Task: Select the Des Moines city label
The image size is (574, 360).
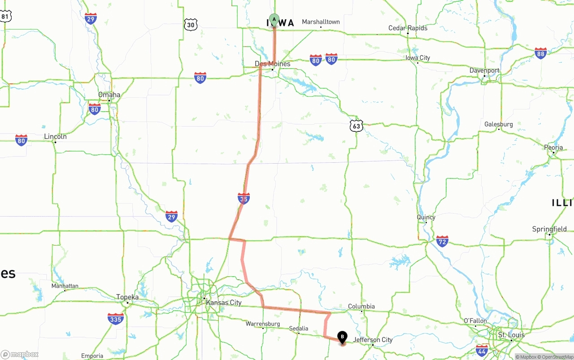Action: click(x=273, y=64)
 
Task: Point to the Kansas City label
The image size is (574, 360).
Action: click(x=223, y=303)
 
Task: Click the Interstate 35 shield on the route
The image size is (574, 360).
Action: click(x=244, y=198)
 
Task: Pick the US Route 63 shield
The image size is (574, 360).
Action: click(x=356, y=126)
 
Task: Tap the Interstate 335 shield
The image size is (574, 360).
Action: click(x=116, y=319)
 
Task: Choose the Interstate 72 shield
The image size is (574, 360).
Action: click(x=442, y=241)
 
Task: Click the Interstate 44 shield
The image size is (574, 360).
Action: click(x=482, y=350)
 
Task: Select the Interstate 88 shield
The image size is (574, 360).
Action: click(x=540, y=53)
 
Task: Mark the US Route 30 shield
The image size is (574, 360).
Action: click(x=191, y=25)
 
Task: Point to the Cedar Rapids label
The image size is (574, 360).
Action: click(x=408, y=28)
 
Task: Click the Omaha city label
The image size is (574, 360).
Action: click(x=109, y=95)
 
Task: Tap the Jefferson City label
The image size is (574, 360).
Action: click(x=373, y=340)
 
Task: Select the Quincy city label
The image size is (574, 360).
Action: click(x=426, y=217)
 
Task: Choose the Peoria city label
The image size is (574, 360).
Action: click(x=553, y=147)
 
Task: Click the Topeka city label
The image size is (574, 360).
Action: click(x=127, y=297)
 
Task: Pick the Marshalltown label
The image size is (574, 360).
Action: click(x=321, y=22)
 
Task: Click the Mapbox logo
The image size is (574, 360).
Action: click(x=20, y=354)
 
